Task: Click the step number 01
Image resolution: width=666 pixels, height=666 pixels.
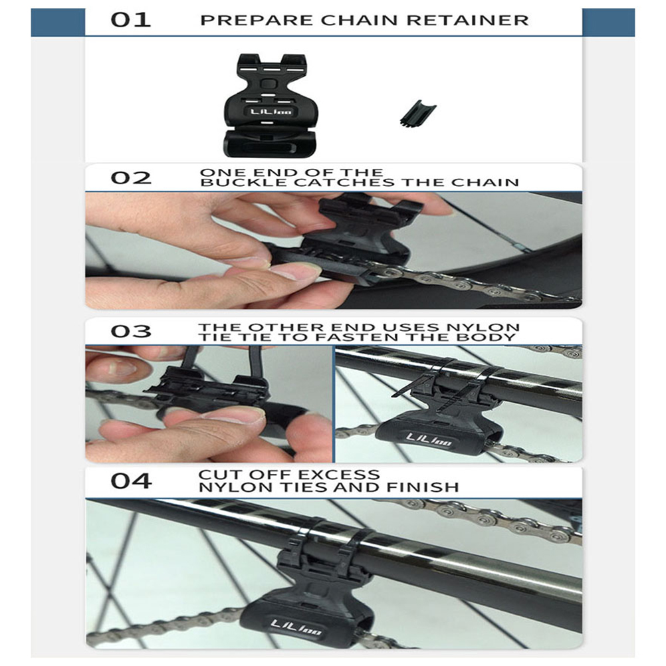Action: pyautogui.click(x=131, y=20)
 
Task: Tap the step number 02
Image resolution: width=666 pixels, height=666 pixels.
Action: pyautogui.click(x=131, y=177)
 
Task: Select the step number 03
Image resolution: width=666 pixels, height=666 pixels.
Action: pyautogui.click(x=131, y=331)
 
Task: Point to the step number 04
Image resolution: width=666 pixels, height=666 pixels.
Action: pyautogui.click(x=131, y=481)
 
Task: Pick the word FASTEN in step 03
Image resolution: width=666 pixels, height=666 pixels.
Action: pyautogui.click(x=385, y=337)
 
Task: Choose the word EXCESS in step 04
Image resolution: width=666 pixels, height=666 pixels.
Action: pyautogui.click(x=335, y=475)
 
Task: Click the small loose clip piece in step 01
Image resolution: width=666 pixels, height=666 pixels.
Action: pyautogui.click(x=418, y=113)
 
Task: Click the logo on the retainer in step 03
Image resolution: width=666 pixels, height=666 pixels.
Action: pyautogui.click(x=429, y=441)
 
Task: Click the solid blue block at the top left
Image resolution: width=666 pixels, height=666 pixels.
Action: pyautogui.click(x=58, y=22)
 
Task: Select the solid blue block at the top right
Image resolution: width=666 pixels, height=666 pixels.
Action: pyautogui.click(x=608, y=22)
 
